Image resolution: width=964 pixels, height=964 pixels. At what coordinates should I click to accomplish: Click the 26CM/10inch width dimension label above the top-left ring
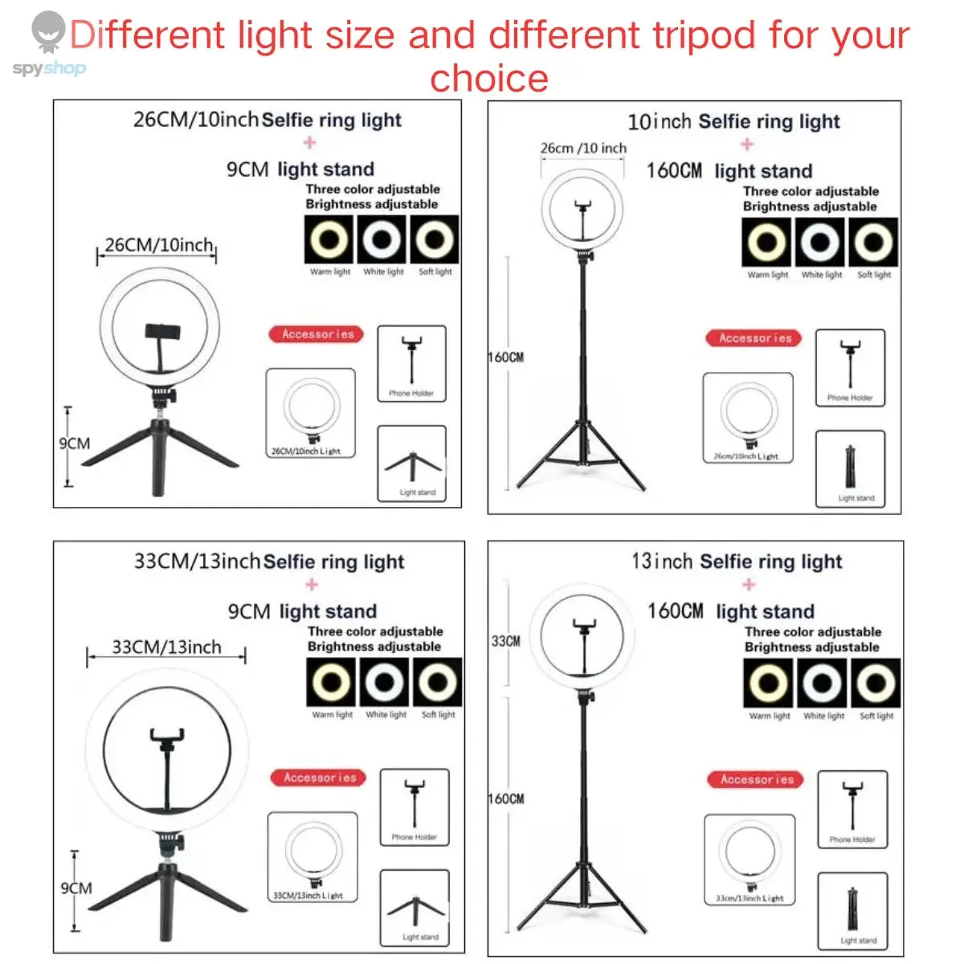pyautogui.click(x=159, y=245)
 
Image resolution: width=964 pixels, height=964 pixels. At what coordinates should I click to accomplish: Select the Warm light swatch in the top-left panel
pyautogui.click(x=329, y=239)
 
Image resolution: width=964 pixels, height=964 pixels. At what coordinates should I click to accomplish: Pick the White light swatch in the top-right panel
pyautogui.click(x=820, y=242)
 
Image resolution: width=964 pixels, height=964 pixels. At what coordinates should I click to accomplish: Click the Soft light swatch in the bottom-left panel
pyautogui.click(x=438, y=683)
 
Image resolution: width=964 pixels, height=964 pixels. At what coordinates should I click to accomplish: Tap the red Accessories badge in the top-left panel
pyautogui.click(x=317, y=334)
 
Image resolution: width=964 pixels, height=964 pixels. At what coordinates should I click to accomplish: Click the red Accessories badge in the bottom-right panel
pyautogui.click(x=756, y=779)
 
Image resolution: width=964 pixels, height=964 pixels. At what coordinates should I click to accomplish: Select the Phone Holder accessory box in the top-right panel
pyautogui.click(x=850, y=367)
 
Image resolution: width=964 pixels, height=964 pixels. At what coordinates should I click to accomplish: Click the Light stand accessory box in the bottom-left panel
pyautogui.click(x=414, y=909)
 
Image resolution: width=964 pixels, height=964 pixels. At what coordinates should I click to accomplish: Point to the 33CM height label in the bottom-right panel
pyautogui.click(x=505, y=641)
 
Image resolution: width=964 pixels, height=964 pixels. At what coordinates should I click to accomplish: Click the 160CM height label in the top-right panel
pyautogui.click(x=506, y=357)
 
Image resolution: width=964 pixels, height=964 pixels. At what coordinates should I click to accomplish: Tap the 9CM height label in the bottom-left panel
pyautogui.click(x=76, y=888)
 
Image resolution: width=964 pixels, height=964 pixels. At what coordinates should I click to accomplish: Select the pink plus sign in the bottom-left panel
pyautogui.click(x=312, y=585)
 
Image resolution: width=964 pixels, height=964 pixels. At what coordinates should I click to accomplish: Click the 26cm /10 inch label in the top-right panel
pyautogui.click(x=583, y=149)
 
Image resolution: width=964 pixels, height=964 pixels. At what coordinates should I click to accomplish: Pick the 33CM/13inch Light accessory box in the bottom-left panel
pyautogui.click(x=312, y=857)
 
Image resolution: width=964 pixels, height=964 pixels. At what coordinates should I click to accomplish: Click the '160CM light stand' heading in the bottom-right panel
pyautogui.click(x=730, y=611)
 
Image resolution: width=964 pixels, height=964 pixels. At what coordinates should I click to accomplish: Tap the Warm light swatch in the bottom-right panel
pyautogui.click(x=769, y=684)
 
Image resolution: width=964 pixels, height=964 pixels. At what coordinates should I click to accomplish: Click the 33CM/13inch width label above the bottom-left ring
pyautogui.click(x=166, y=647)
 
